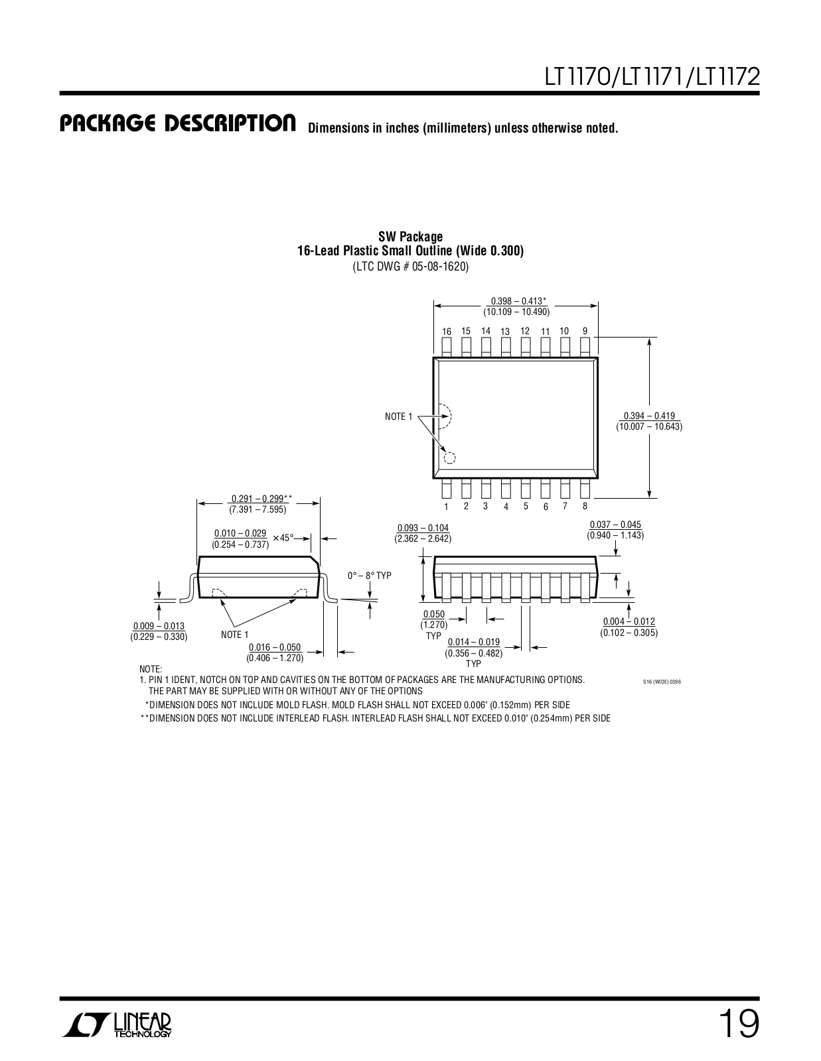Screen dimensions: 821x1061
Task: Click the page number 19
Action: [x=737, y=1025]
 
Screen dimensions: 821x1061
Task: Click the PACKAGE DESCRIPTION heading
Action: [x=177, y=124]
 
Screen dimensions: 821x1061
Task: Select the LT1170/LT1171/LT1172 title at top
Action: [x=652, y=77]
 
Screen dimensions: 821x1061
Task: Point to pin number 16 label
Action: [x=447, y=332]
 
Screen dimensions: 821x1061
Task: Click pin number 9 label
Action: [x=585, y=331]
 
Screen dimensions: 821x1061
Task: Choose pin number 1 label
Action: [x=447, y=507]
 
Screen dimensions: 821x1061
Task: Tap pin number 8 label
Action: [x=585, y=506]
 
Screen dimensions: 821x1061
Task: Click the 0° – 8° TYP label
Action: [x=370, y=576]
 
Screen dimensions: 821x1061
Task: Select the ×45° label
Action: [x=283, y=538]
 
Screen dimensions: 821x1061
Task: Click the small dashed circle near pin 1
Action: [x=450, y=458]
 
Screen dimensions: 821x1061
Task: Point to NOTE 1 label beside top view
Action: [x=398, y=416]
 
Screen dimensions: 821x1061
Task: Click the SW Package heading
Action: [x=410, y=237]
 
